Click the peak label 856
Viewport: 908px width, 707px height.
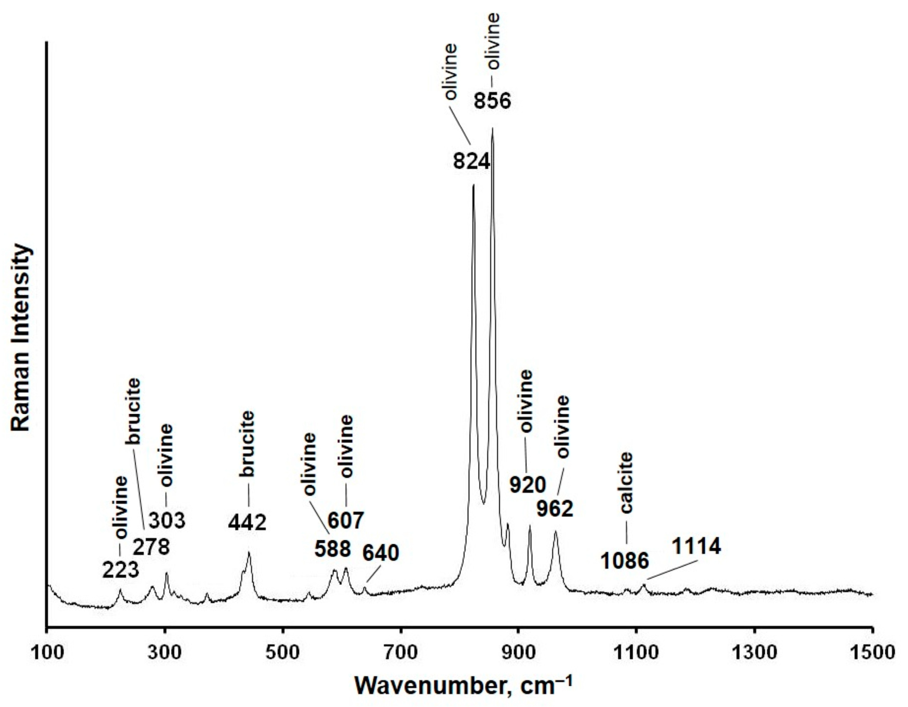[492, 101]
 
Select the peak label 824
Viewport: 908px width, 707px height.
[472, 161]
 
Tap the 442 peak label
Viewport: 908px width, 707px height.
[247, 522]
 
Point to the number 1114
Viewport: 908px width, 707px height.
[696, 546]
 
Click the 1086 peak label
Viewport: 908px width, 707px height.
[624, 561]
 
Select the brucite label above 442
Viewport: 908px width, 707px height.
[248, 444]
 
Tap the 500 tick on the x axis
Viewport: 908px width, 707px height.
[283, 652]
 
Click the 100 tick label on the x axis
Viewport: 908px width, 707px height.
[47, 652]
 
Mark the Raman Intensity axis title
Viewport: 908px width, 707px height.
[21, 337]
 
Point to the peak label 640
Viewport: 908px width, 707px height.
[380, 553]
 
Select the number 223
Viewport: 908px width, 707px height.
[120, 570]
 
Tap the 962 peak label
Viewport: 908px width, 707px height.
[555, 508]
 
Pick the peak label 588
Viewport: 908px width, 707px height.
[332, 549]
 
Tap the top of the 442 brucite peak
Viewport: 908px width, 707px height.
[249, 553]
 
